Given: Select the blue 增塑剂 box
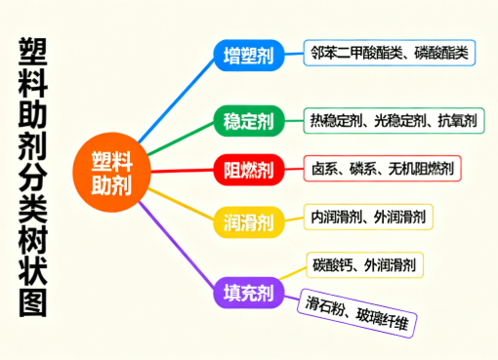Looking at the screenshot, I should (248, 55).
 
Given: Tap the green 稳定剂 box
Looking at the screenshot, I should (248, 122).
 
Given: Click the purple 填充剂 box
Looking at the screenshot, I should (248, 292).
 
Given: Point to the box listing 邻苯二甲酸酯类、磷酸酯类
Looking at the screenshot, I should (389, 53).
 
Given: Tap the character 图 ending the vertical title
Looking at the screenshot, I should (32, 303).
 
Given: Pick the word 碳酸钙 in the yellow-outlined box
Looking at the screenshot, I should (332, 264).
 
